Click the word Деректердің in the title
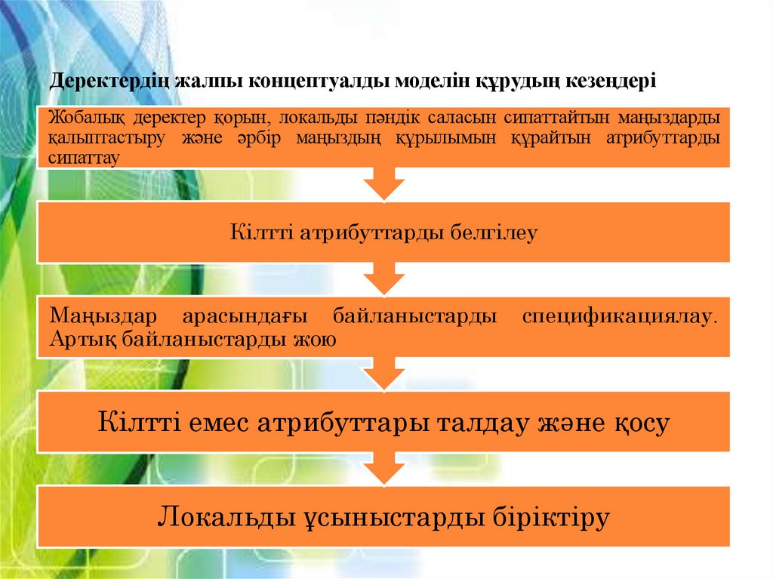tap(109, 81)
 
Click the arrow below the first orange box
tap(383, 184)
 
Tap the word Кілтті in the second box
tap(260, 233)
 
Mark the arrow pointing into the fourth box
tap(383, 374)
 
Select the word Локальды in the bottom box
tap(225, 518)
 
